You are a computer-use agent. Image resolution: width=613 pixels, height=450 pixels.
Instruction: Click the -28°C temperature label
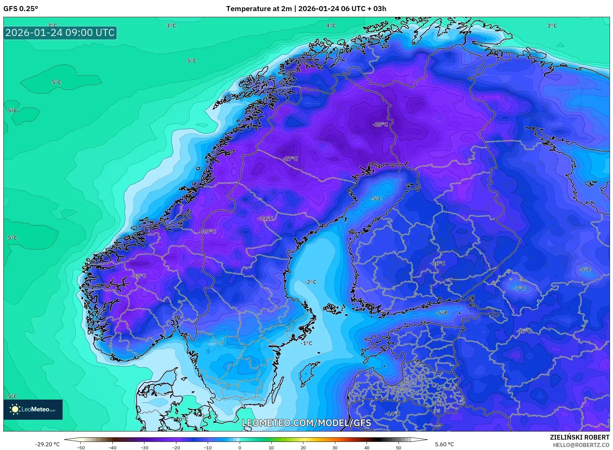[x=380, y=124]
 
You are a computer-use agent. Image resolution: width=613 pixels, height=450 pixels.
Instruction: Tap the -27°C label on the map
[x=290, y=159]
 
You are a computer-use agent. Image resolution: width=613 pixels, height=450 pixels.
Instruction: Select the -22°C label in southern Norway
[x=139, y=276]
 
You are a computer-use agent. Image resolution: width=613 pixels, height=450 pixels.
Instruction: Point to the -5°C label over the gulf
[x=376, y=199]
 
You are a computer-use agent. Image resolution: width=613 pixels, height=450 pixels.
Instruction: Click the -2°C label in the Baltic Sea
[x=310, y=282]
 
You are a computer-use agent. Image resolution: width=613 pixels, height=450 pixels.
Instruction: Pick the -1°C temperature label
[x=306, y=343]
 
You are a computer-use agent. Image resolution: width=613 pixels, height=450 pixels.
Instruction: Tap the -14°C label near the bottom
[x=393, y=414]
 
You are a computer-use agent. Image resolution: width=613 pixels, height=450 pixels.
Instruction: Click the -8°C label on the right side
[x=585, y=270]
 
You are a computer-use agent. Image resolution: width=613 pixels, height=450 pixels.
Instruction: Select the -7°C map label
[x=519, y=288]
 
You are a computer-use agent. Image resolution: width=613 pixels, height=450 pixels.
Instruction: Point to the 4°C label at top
[x=331, y=26]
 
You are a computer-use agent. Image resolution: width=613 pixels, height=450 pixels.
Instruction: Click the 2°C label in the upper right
[x=552, y=26]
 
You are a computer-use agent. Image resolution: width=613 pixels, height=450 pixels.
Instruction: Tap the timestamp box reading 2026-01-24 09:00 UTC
[x=60, y=33]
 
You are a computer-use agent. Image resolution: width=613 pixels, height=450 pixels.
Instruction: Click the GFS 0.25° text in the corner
[x=21, y=9]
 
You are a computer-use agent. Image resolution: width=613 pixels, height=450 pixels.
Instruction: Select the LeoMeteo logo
[x=33, y=409]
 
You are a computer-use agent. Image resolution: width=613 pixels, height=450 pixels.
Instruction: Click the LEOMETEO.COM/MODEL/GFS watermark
[x=306, y=423]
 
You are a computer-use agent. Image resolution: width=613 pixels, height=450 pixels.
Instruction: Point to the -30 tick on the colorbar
[x=144, y=447]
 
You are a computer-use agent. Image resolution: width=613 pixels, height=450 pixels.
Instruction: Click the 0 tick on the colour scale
[x=240, y=447]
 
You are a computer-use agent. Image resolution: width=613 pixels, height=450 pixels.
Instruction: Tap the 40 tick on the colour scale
[x=367, y=447]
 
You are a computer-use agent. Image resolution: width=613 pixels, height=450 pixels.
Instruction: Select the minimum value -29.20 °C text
[x=47, y=444]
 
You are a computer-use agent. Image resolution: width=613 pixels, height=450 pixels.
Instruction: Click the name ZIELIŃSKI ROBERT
[x=579, y=437]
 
